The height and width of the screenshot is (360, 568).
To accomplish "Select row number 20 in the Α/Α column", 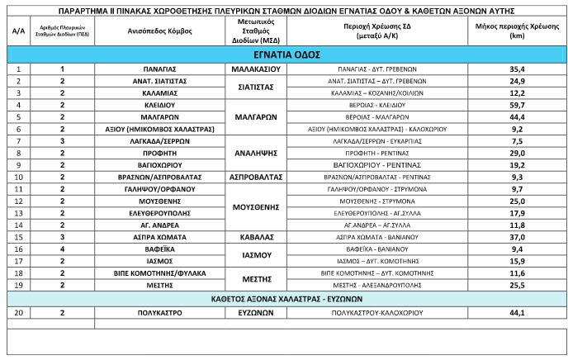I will (17, 314).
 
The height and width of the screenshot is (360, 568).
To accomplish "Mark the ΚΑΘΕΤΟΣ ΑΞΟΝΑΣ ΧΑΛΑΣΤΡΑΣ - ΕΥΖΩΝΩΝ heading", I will (284, 297).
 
